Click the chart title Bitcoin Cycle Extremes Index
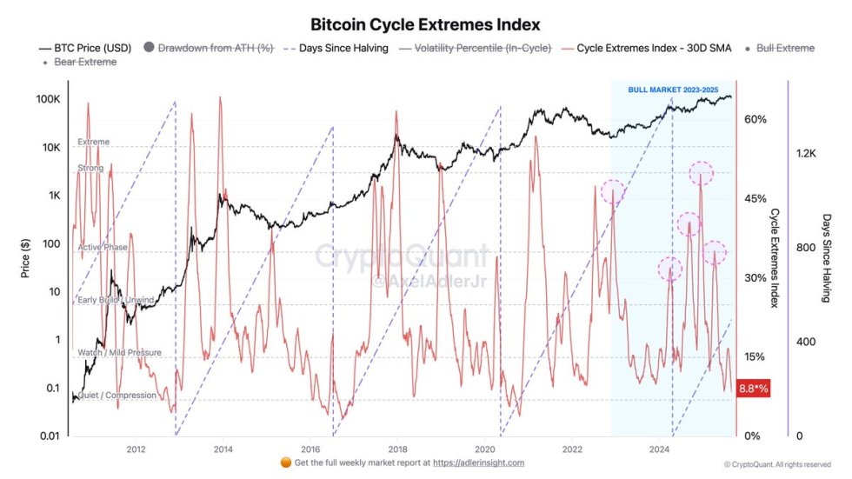425,24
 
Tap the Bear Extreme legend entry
84,62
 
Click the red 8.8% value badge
753,389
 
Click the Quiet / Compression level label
117,396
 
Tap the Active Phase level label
103,248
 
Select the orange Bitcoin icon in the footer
285,462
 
